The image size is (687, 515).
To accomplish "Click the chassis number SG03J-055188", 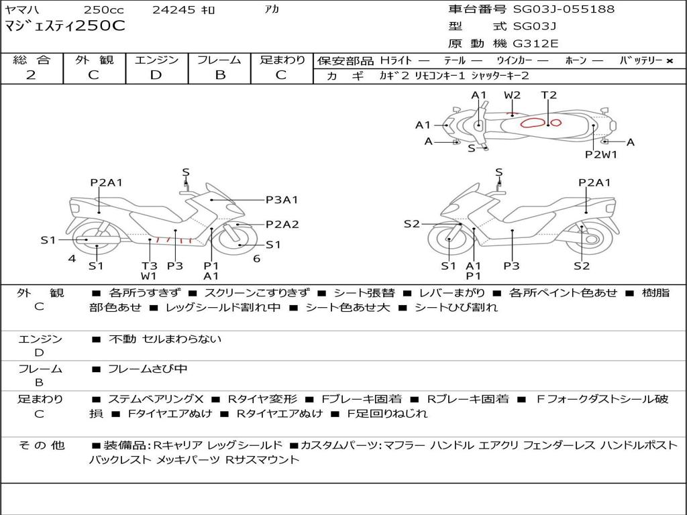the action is coord(564,9).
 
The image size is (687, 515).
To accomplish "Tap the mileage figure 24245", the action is coord(174,10).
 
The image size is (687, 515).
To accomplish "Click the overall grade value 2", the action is coord(31,75).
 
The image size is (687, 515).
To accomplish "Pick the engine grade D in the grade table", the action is coord(156,75).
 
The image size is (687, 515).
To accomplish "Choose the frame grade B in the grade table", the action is coord(220,75).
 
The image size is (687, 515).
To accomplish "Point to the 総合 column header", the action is coord(31,60).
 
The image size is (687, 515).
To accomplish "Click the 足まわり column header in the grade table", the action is coord(282,60).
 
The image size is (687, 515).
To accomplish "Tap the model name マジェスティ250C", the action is coord(64,26).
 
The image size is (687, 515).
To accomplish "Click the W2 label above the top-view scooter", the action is coord(513,95).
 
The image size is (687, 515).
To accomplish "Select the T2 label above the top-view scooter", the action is coord(549,95).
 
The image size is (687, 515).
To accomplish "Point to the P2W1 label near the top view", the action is coord(600,154).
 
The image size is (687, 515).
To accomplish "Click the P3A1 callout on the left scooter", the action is coord(282,199).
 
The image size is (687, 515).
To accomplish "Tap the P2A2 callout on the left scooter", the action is coord(282,225).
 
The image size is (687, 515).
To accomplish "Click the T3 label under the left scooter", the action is coord(149,266).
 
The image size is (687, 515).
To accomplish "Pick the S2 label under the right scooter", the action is coord(582,266).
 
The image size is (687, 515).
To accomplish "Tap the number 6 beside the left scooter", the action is coord(256,258).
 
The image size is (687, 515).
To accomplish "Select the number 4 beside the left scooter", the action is coord(72,258).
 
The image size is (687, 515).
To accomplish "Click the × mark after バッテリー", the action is coord(669,61).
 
